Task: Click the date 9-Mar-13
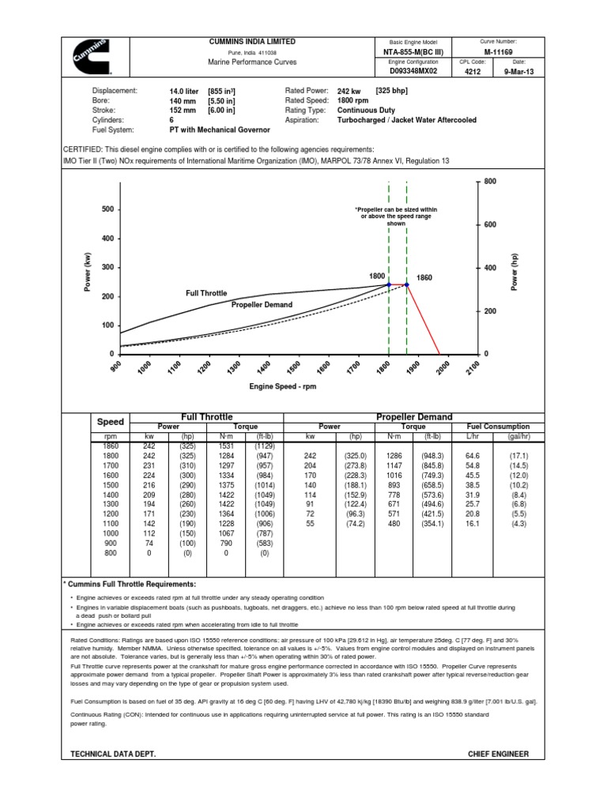tap(518, 71)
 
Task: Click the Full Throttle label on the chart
tap(206, 293)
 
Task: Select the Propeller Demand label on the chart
tap(262, 304)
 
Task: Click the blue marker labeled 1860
tap(406, 284)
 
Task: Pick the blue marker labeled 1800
tap(389, 284)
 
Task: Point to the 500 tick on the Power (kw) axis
tap(108, 209)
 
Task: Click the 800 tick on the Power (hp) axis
tap(489, 181)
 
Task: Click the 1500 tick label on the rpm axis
tap(294, 369)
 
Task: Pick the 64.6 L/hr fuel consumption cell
tap(473, 457)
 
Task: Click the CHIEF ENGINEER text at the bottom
tap(499, 754)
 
